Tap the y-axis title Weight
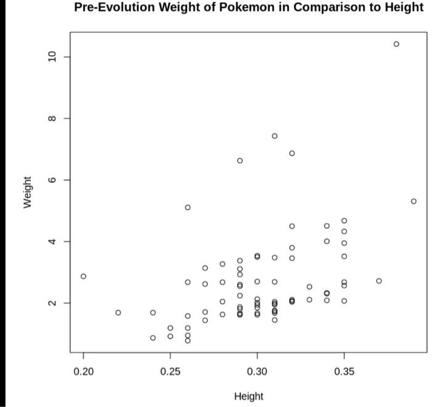28,192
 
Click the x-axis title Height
248,396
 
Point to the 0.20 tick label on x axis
83,372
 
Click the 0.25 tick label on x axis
170,372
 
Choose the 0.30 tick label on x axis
257,372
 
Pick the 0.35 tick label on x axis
344,372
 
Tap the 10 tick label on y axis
52,57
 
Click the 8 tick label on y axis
52,118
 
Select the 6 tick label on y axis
52,180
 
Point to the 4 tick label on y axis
52,241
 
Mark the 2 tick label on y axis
52,303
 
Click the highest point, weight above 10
396,44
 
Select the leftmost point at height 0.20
83,276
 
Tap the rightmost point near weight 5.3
413,201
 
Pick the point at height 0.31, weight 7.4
275,136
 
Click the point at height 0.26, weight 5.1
188,207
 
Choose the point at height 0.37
379,281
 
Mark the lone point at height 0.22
118,312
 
